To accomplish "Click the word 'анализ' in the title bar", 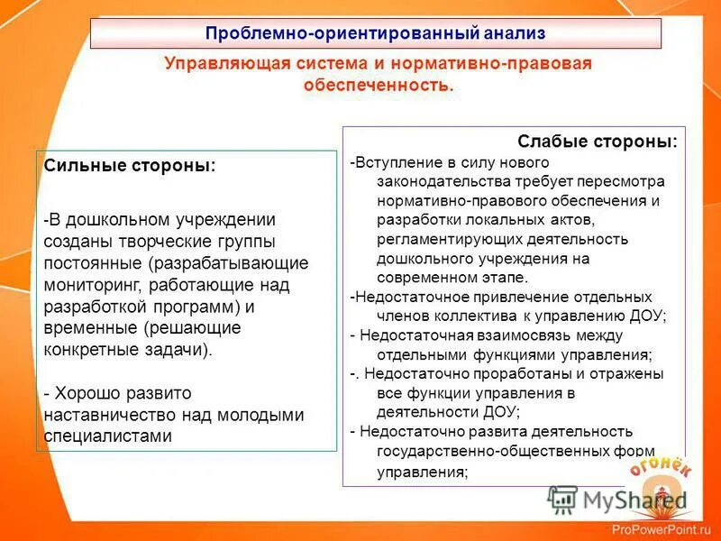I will click(x=514, y=34).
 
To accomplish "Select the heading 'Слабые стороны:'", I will click(x=597, y=142).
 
